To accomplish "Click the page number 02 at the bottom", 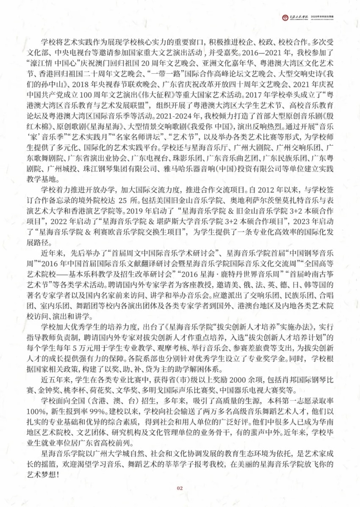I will coord(180,488).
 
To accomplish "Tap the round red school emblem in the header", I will coord(285,17).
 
